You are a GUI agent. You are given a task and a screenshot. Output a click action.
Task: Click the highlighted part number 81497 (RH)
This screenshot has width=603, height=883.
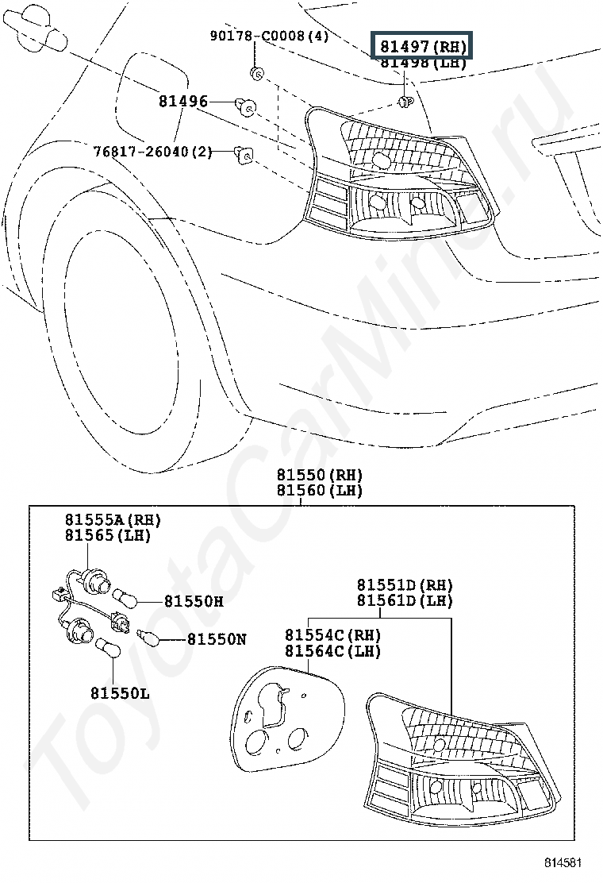(423, 45)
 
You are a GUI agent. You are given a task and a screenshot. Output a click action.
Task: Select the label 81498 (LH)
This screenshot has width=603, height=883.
(423, 62)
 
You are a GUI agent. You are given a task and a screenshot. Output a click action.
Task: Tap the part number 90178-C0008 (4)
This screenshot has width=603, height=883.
(269, 36)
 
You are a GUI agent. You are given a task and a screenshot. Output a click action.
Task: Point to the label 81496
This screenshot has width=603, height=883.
(182, 102)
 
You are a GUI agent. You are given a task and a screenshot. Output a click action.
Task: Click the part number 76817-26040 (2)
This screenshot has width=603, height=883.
(152, 152)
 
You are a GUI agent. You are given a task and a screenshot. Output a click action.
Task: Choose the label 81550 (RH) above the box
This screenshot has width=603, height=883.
(319, 475)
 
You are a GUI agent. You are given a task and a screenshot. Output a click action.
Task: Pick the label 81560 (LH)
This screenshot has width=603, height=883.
(319, 491)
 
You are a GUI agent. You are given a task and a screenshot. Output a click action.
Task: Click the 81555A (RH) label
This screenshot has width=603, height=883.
(113, 520)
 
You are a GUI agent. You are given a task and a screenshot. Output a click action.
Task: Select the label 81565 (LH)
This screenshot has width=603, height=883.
(108, 535)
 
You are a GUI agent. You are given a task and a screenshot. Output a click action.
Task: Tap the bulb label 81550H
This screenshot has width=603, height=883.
(194, 601)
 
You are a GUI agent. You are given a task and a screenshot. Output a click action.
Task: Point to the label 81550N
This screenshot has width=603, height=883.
(217, 639)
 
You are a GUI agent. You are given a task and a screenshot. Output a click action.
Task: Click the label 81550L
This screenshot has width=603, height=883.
(120, 693)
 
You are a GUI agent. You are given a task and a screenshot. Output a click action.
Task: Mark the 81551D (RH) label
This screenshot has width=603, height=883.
(405, 585)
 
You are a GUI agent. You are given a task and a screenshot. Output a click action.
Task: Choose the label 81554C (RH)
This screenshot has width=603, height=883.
(332, 635)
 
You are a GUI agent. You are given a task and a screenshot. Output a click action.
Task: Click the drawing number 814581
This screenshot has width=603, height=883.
(563, 862)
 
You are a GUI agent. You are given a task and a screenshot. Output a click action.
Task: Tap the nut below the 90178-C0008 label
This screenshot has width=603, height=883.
(256, 72)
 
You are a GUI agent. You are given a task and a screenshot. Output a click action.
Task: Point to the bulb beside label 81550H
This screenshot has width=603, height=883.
(125, 600)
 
